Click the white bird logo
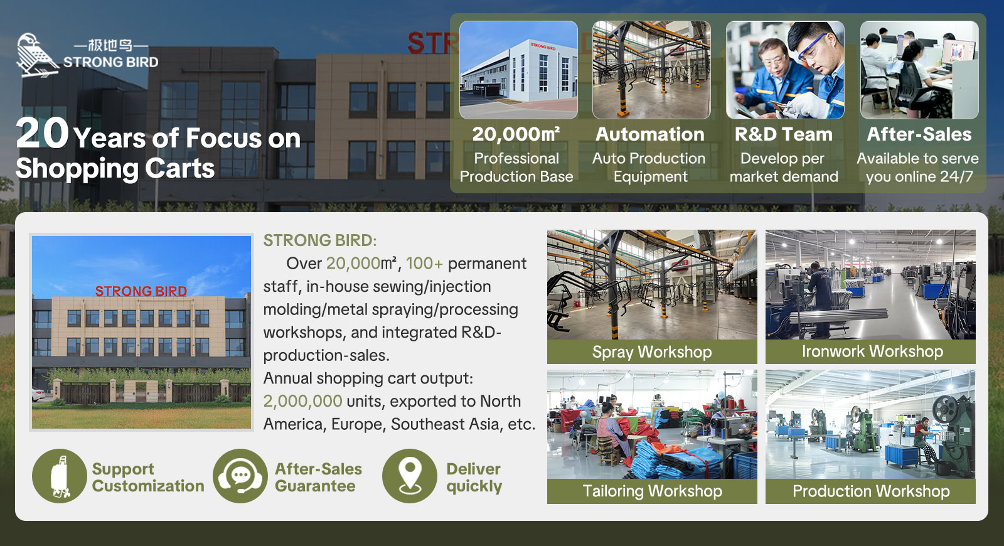pos(37,55)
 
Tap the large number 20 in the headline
pos(42,134)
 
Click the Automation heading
pos(650,134)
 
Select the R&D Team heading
pos(784,134)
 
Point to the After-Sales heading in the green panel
pos(919,134)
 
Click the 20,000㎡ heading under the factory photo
pos(516,134)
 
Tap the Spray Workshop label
pos(652,352)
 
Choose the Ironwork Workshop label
pos(872,351)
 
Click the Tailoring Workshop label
pos(652,491)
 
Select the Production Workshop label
pos(871,491)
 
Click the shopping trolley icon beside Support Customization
pos(60,476)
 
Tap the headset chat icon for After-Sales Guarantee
pos(240,476)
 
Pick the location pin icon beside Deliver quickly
pos(410,476)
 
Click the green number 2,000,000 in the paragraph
pos(302,401)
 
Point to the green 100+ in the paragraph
pos(424,264)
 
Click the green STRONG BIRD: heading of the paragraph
pos(320,241)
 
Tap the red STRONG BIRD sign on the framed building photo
pos(141,291)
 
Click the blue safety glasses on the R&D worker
pos(811,48)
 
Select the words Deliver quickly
pos(474,478)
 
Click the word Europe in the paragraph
pos(356,424)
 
